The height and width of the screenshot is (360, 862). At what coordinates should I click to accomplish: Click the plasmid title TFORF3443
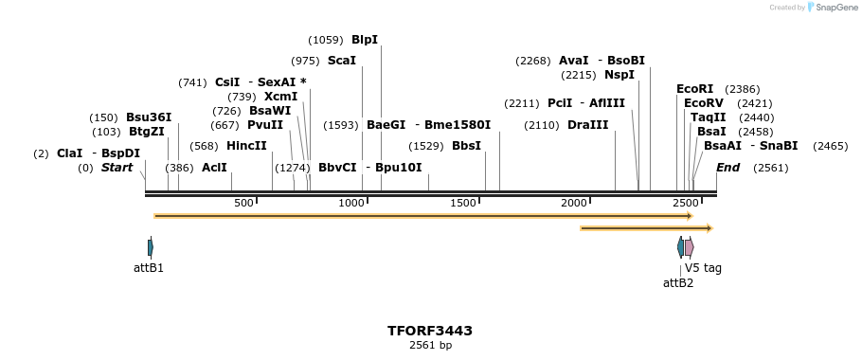click(430, 331)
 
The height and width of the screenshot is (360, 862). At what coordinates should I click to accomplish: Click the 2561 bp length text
click(430, 346)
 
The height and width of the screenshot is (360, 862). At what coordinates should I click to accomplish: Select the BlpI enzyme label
click(365, 40)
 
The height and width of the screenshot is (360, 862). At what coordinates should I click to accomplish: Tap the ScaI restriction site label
click(342, 61)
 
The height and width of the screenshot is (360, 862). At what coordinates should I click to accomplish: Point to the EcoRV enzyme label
click(703, 103)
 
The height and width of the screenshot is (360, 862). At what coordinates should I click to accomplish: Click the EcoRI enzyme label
click(694, 89)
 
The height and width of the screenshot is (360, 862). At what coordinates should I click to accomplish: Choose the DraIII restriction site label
click(587, 125)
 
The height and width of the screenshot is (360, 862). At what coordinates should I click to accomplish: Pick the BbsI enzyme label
click(466, 146)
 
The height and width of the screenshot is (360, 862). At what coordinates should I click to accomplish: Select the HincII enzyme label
click(246, 146)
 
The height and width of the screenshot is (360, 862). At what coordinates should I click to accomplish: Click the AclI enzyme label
click(214, 168)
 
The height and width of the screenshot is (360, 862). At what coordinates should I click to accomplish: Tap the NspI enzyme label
click(620, 75)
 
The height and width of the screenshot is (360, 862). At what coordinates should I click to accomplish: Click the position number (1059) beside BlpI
click(326, 40)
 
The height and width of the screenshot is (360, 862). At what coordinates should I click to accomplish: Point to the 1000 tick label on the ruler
click(351, 204)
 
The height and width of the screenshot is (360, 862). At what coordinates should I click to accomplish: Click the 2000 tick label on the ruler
click(574, 204)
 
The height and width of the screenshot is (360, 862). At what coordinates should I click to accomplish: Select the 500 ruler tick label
click(243, 204)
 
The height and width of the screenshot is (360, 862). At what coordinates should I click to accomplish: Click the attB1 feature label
click(149, 268)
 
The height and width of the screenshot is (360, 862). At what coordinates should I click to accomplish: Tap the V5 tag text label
click(703, 268)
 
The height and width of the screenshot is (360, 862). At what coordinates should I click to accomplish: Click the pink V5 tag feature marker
click(690, 247)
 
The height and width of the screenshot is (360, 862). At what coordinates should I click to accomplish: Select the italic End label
click(727, 168)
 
